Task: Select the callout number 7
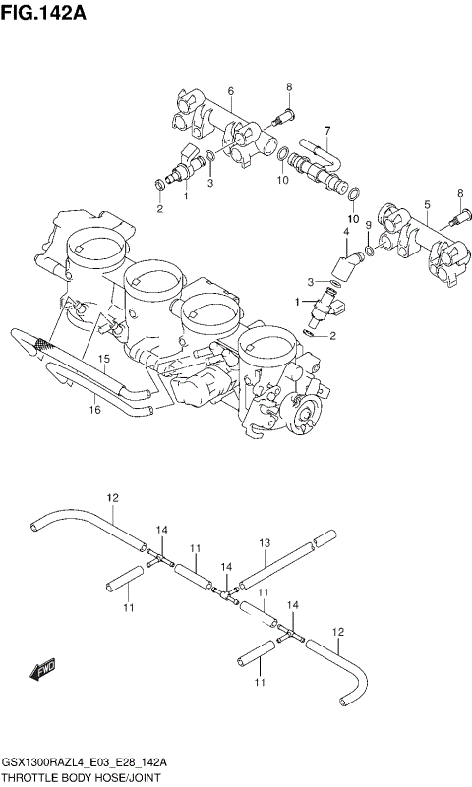pos(326,130)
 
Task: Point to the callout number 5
pos(427,204)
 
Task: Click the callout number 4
pos(345,232)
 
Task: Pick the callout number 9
pos(368,225)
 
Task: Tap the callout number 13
pos(264,542)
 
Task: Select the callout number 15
pos(101,361)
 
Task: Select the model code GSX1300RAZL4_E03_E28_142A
pos(83,761)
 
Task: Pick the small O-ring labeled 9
pos(368,252)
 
